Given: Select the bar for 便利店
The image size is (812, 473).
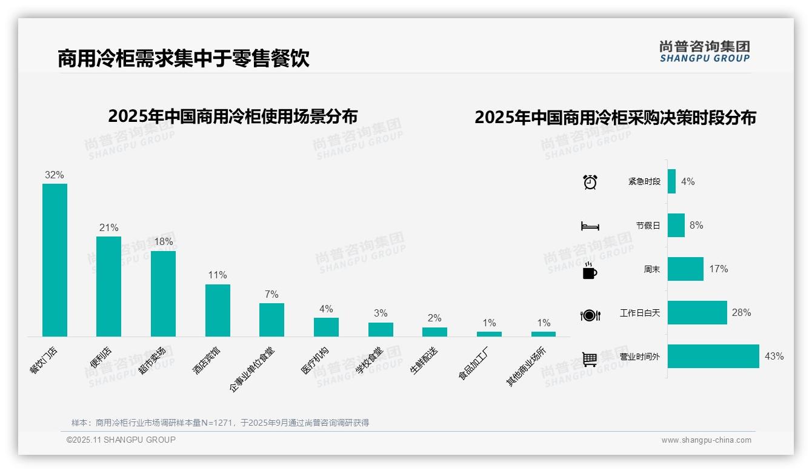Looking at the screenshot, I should pyautogui.click(x=108, y=286).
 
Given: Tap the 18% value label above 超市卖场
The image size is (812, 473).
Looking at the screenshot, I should pyautogui.click(x=163, y=241).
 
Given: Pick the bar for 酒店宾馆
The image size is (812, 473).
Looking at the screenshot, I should pyautogui.click(x=218, y=310).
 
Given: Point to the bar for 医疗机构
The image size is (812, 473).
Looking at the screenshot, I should pyautogui.click(x=326, y=327).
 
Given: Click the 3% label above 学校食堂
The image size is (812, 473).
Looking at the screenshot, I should pyautogui.click(x=381, y=313).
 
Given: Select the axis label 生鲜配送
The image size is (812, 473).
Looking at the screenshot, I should pyautogui.click(x=424, y=360).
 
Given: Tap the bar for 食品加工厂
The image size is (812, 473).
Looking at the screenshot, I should pyautogui.click(x=489, y=334).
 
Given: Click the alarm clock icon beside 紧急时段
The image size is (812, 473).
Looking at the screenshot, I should pyautogui.click(x=590, y=182).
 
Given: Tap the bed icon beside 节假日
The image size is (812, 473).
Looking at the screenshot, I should pyautogui.click(x=590, y=226).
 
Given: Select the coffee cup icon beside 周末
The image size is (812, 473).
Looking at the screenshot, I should pyautogui.click(x=590, y=270).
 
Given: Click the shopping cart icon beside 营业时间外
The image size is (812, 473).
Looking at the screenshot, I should pyautogui.click(x=590, y=359).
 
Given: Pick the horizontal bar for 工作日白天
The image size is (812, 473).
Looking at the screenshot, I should pyautogui.click(x=697, y=313).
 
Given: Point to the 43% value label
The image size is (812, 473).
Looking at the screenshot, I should pyautogui.click(x=774, y=357).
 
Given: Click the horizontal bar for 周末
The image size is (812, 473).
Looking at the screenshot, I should pyautogui.click(x=685, y=269).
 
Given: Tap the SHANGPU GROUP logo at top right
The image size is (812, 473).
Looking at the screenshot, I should pyautogui.click(x=704, y=52).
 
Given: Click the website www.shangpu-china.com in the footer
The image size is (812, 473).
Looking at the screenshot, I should pyautogui.click(x=706, y=440).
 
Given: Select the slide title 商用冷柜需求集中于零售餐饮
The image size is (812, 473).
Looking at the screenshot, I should pyautogui.click(x=184, y=59).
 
